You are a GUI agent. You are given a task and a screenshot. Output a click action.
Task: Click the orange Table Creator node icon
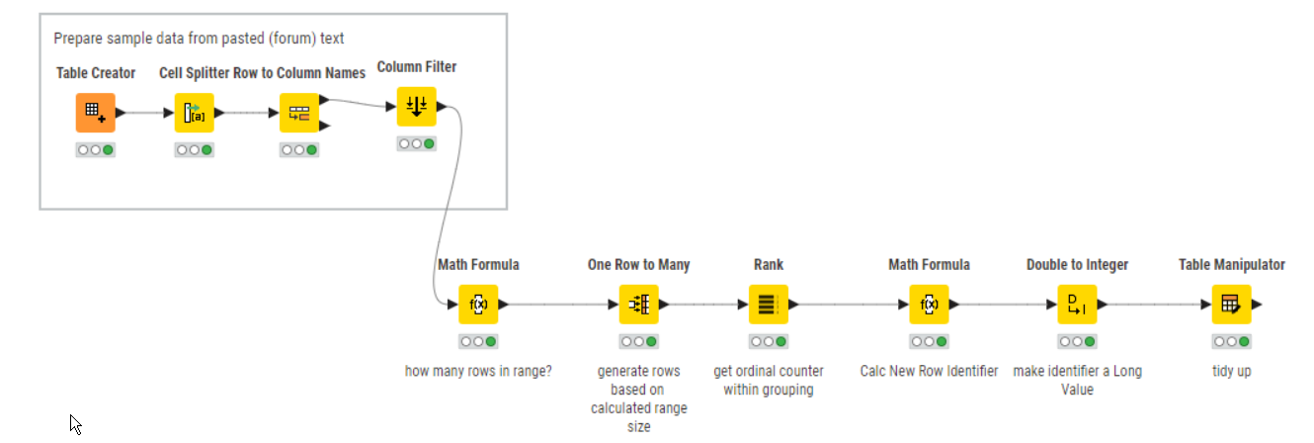click(96, 113)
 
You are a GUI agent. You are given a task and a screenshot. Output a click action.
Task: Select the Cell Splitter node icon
click(194, 113)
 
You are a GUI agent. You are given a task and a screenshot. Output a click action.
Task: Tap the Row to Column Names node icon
click(298, 113)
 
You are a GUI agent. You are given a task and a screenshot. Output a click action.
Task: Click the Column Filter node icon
click(416, 107)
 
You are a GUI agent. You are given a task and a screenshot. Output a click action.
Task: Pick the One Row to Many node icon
click(638, 305)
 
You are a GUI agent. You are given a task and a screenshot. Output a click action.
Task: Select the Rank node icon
click(767, 305)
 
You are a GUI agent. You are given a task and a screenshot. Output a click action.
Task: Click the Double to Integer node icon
click(1077, 305)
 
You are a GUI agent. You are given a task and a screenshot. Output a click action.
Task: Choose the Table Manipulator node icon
click(1231, 305)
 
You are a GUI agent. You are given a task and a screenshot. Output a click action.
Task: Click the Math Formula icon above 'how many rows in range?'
click(478, 305)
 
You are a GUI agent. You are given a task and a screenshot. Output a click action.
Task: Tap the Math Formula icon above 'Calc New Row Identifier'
click(929, 305)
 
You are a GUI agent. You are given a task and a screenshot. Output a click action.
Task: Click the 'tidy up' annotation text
click(1231, 372)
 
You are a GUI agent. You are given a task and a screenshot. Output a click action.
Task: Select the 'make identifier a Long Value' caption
click(1077, 381)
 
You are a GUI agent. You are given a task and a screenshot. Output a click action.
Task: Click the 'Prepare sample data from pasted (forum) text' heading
click(199, 39)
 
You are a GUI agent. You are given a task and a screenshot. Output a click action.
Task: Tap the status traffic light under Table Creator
click(96, 150)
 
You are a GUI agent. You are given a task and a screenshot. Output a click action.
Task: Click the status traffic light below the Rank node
click(767, 342)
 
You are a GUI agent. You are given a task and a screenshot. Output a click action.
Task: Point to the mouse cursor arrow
click(74, 422)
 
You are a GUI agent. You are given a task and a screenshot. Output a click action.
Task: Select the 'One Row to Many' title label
click(638, 265)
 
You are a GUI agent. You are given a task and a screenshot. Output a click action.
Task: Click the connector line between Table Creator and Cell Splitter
click(146, 113)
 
